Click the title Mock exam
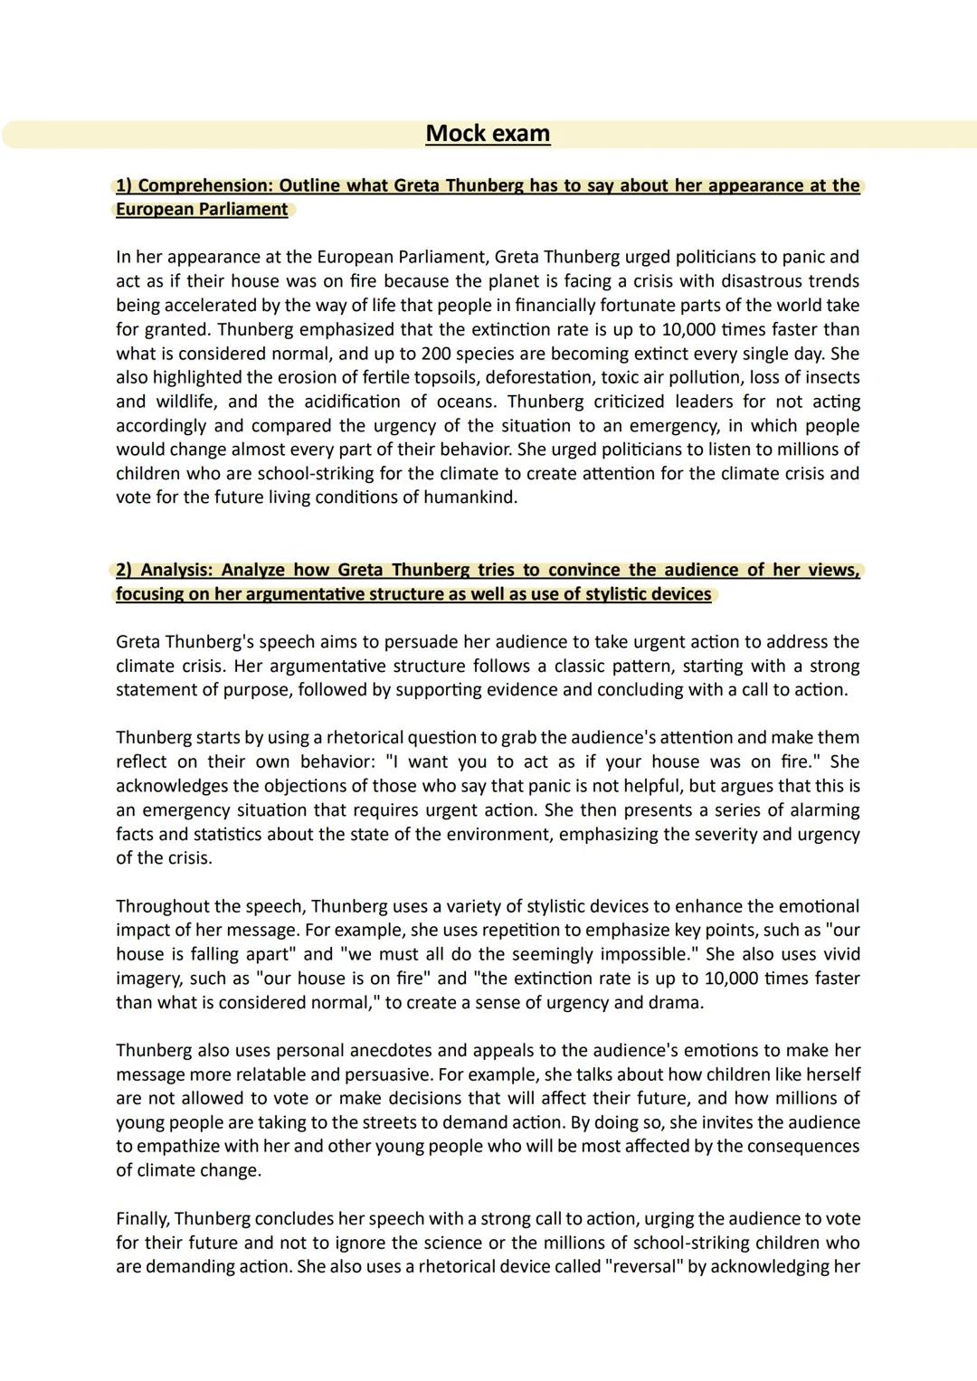488,133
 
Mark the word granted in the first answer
177,329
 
